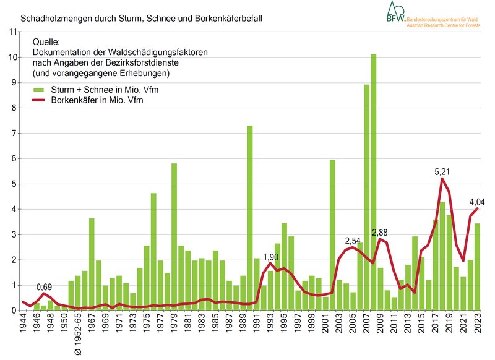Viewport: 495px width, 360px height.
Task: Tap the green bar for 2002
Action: pyautogui.click(x=332, y=235)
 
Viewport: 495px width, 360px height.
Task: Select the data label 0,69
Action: pyautogui.click(x=43, y=287)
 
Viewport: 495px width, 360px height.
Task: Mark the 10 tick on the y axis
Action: pyautogui.click(x=12, y=57)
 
